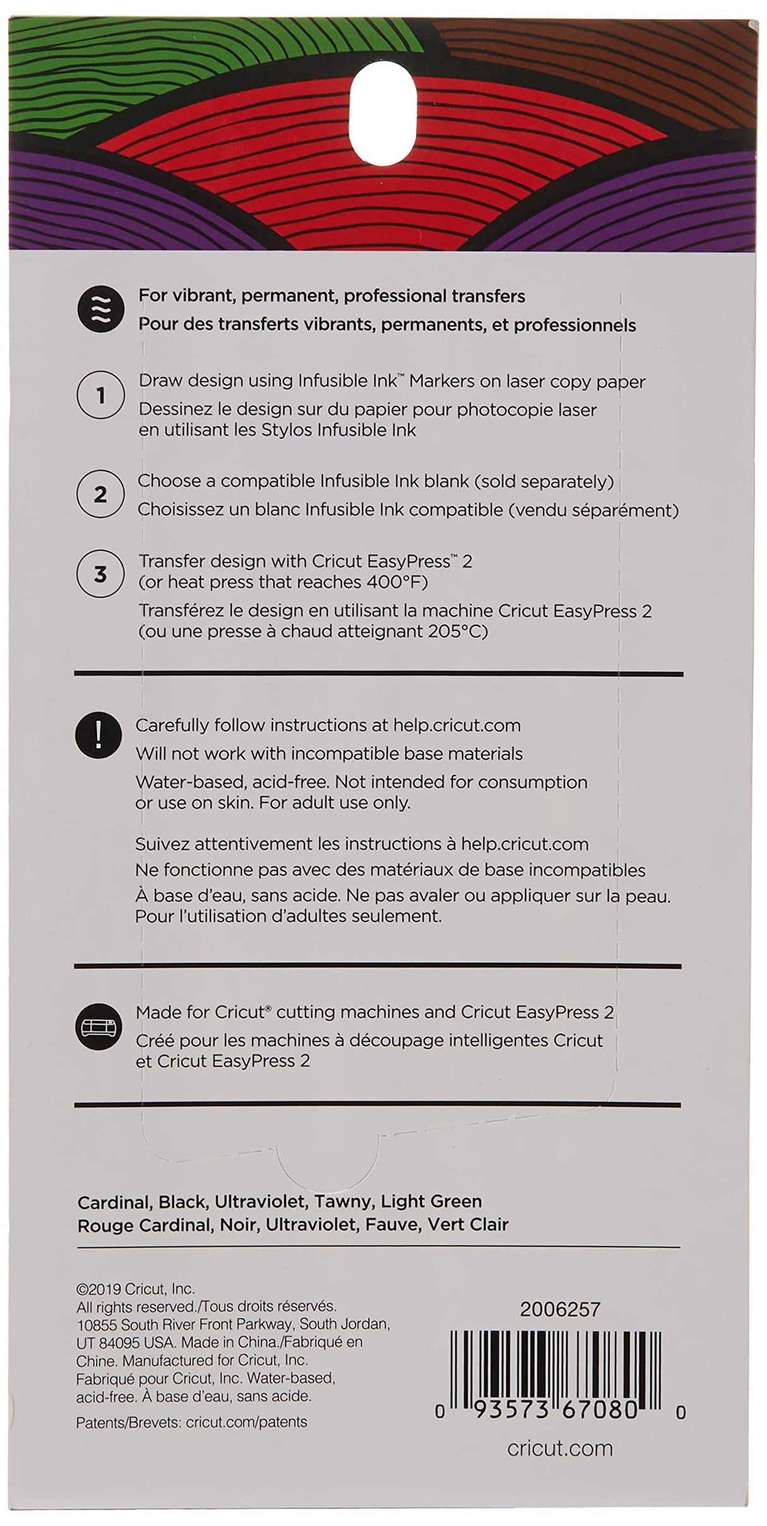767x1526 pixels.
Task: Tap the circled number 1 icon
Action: [x=100, y=396]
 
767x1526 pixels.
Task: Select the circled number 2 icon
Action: [x=100, y=494]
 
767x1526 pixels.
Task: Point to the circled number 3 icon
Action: [x=100, y=574]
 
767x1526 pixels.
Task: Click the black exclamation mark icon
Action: [x=99, y=735]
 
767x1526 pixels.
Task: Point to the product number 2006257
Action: [x=559, y=1310]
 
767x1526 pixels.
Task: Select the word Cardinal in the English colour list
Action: [x=113, y=1201]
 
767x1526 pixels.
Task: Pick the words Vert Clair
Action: [x=468, y=1225]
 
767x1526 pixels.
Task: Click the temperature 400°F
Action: [x=396, y=582]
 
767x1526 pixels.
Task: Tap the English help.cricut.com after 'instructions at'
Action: [x=457, y=725]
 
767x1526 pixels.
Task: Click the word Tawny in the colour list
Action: [x=350, y=1201]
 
